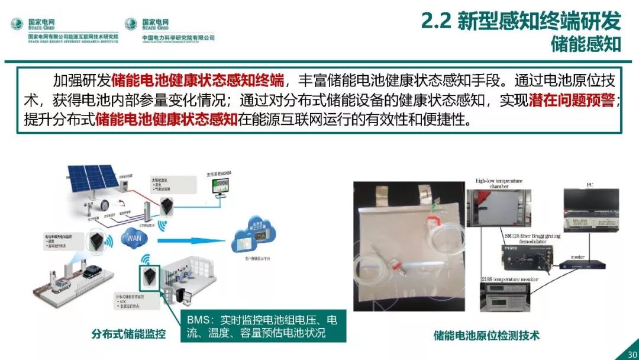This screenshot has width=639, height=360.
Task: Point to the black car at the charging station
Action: (x=92, y=272)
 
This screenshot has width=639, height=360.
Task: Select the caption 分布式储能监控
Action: (x=128, y=334)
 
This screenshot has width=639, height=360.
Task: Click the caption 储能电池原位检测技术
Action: (x=486, y=335)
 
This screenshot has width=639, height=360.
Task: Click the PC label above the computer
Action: (x=589, y=185)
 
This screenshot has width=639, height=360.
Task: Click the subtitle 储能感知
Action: (x=586, y=44)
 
